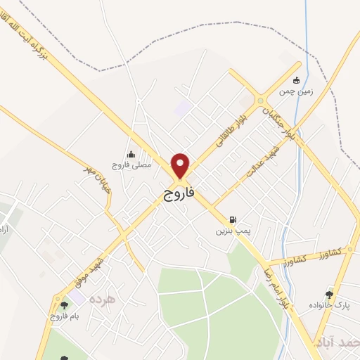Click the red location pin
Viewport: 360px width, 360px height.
coord(181,165)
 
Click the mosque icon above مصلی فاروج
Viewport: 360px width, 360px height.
coord(131,155)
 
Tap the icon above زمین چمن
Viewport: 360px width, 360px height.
coord(296,79)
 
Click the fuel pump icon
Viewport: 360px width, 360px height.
coord(233,219)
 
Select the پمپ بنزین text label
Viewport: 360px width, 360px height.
coord(233,230)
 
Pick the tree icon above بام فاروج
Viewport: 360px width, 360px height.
coord(64,305)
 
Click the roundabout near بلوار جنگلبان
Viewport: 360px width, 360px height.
coord(262,99)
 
